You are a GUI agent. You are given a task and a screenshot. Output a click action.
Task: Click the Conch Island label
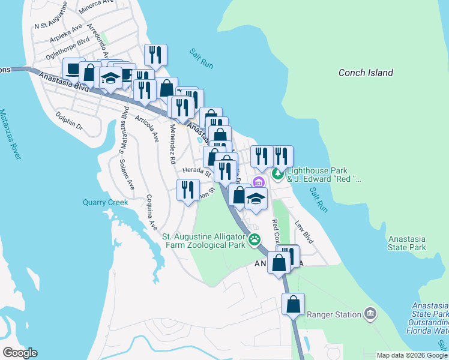[366, 73]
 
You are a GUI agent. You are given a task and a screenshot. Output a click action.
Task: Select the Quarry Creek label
[105, 202]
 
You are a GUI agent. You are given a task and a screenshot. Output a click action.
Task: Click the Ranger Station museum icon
[370, 314]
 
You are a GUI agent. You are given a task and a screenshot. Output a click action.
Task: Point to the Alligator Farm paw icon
[255, 240]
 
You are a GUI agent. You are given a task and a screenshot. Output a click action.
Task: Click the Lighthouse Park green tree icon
[277, 175]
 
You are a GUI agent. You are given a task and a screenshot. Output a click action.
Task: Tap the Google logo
[20, 352]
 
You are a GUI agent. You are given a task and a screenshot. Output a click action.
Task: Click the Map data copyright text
[411, 355]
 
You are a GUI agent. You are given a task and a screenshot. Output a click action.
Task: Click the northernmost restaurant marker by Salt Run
[155, 55]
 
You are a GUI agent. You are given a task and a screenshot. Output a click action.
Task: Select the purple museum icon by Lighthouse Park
[259, 182]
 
